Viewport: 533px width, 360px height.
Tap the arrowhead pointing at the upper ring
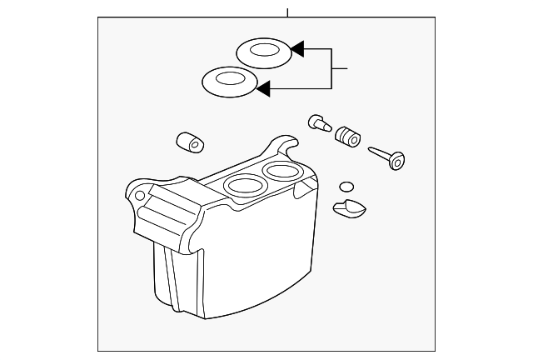pyautogui.click(x=297, y=50)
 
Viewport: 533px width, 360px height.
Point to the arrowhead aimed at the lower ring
pyautogui.click(x=263, y=86)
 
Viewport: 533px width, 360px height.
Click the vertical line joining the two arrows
pyautogui.click(x=332, y=67)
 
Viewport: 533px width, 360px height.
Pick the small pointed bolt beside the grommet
pyautogui.click(x=317, y=122)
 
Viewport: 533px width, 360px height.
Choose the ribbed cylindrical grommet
pyautogui.click(x=347, y=137)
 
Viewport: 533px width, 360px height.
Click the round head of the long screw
pyautogui.click(x=397, y=160)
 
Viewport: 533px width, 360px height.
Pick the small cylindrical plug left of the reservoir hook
pyautogui.click(x=191, y=142)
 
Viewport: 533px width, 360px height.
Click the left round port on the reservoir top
pyautogui.click(x=242, y=184)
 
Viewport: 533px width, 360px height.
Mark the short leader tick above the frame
pyautogui.click(x=287, y=12)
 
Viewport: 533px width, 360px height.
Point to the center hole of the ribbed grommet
pyautogui.click(x=353, y=140)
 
